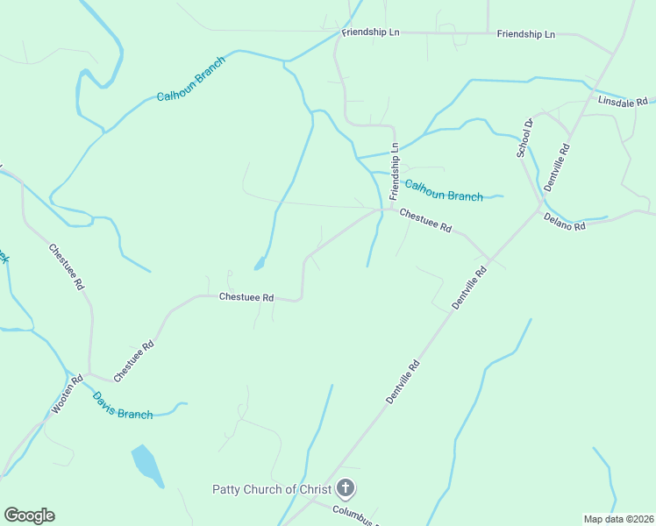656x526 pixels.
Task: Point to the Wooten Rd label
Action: pos(67,395)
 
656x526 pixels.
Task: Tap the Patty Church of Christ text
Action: pos(271,489)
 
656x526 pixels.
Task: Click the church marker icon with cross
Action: pos(346,488)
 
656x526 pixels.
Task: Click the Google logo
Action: pos(29,515)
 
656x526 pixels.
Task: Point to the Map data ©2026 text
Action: pos(617,519)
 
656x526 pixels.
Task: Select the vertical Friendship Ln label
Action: pos(395,169)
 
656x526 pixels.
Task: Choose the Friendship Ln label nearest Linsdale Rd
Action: pos(525,34)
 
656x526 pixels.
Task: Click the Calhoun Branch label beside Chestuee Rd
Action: pos(443,190)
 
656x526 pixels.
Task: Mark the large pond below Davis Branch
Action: pos(146,465)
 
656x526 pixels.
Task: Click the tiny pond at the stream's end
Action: pos(258,263)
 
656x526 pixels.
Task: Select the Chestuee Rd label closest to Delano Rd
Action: pos(425,220)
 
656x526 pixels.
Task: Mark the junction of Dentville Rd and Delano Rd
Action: pos(541,209)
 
